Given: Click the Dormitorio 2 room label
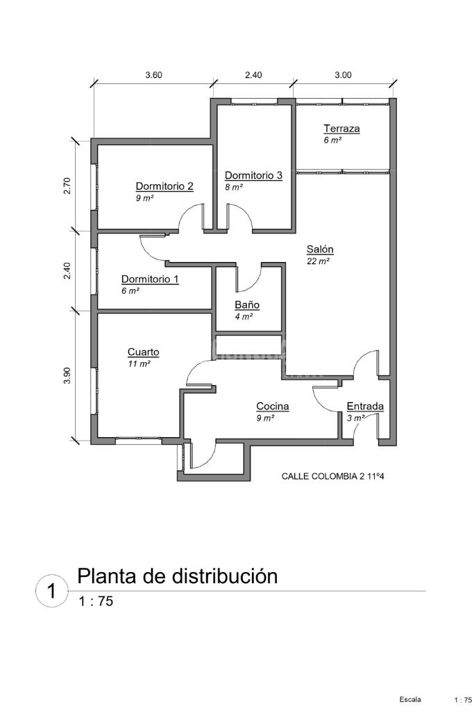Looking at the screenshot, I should (164, 186).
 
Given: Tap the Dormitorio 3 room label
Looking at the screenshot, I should (253, 176).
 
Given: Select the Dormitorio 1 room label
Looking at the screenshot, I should (150, 279).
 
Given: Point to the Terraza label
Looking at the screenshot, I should (341, 129).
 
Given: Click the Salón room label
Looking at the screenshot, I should (320, 250).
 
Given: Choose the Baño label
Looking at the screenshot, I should (247, 305).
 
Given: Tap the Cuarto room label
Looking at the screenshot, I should (143, 352).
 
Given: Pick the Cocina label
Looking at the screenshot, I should (273, 407).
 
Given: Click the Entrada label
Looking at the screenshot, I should (365, 407).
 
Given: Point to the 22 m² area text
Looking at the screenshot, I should (317, 261).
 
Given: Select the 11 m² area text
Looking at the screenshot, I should (139, 363).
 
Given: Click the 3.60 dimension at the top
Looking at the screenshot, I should (153, 76).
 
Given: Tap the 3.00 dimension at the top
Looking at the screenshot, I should (343, 76).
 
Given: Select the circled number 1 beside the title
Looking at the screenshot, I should (51, 591).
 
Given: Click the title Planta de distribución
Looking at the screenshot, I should (177, 576).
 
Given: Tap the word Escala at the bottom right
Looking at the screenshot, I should (409, 698).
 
